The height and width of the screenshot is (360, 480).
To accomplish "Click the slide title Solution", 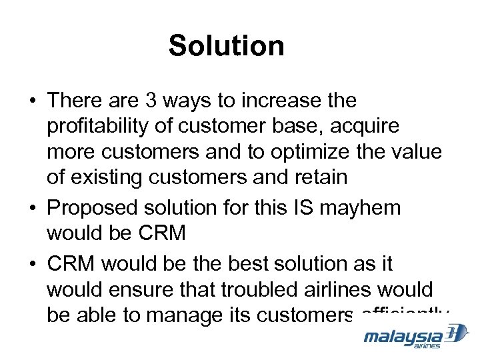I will (x=227, y=46).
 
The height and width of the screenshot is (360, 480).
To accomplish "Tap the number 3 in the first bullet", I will (x=151, y=101).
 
